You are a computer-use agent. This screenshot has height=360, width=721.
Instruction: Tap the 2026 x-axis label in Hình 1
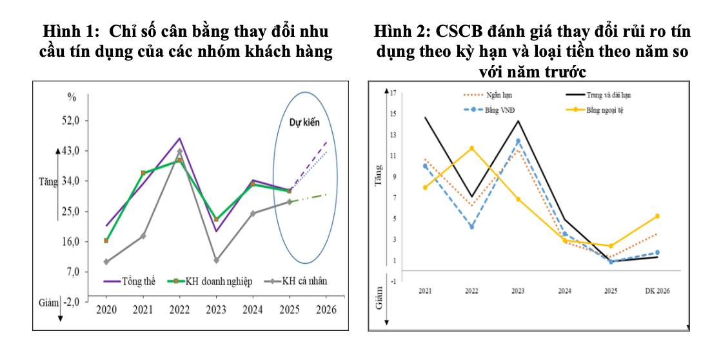[326, 310]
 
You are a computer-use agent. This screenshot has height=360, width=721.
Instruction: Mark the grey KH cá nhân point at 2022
[179, 151]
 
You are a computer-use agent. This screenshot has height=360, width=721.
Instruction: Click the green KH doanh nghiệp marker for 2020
[106, 241]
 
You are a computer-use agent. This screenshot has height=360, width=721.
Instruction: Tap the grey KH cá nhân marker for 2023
[216, 260]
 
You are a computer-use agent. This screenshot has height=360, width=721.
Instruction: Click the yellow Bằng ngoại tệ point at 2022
[471, 148]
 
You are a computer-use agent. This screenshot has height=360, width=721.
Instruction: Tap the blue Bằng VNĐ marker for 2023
[518, 141]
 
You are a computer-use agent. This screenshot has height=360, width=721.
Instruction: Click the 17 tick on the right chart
[392, 93]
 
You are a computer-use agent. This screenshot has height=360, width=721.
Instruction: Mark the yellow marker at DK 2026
[657, 216]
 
